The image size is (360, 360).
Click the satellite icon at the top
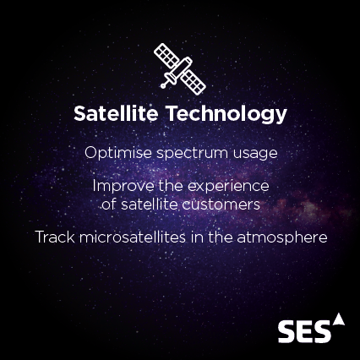[x=179, y=68]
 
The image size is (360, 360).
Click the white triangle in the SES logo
[x=339, y=319]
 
